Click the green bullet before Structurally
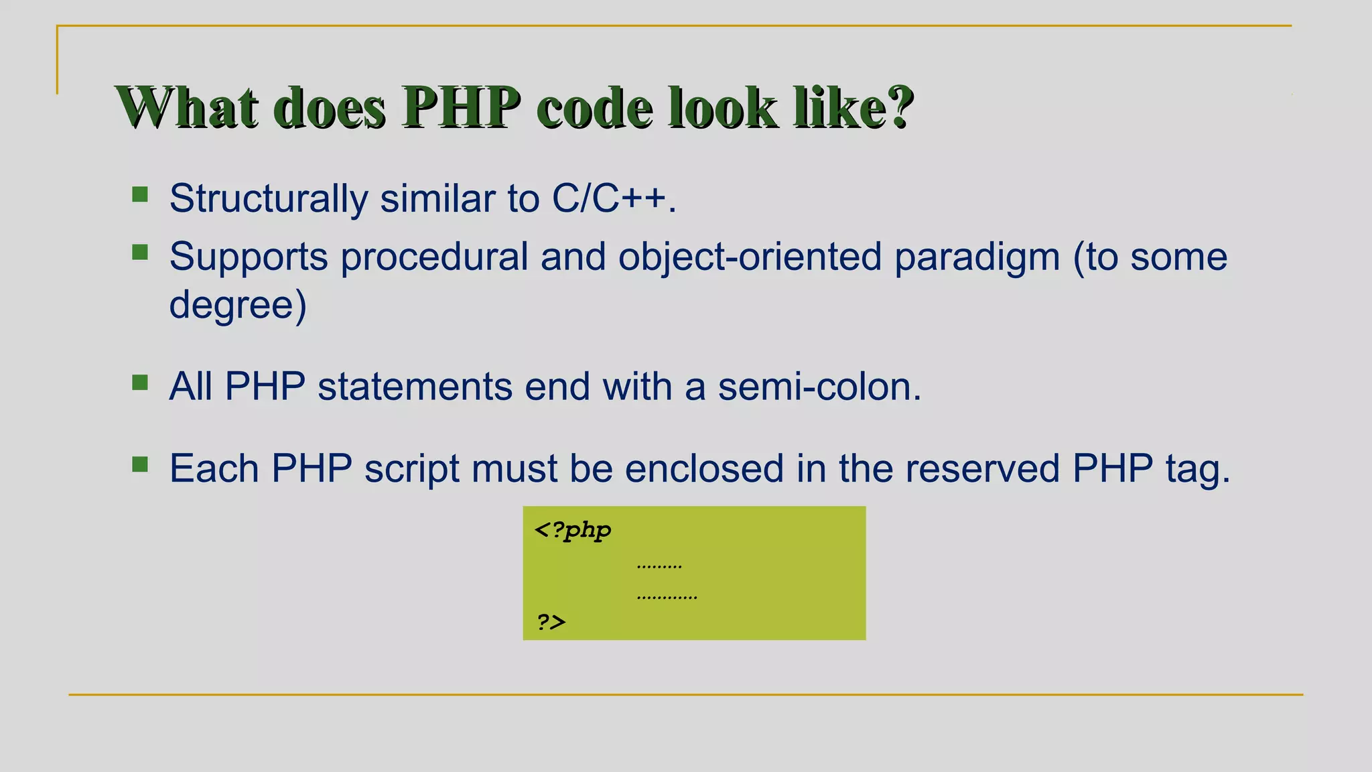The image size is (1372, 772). click(140, 195)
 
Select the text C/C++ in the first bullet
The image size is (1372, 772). click(609, 199)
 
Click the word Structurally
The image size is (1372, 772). click(268, 199)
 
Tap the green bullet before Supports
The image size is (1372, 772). click(140, 253)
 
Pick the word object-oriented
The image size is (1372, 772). click(750, 257)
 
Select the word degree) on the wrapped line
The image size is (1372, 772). click(238, 305)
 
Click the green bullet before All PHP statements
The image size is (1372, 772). click(140, 383)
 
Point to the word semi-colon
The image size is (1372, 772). click(819, 387)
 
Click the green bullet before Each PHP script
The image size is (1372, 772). click(140, 464)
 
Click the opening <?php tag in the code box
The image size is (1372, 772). click(573, 530)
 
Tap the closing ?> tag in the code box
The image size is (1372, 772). click(551, 622)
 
